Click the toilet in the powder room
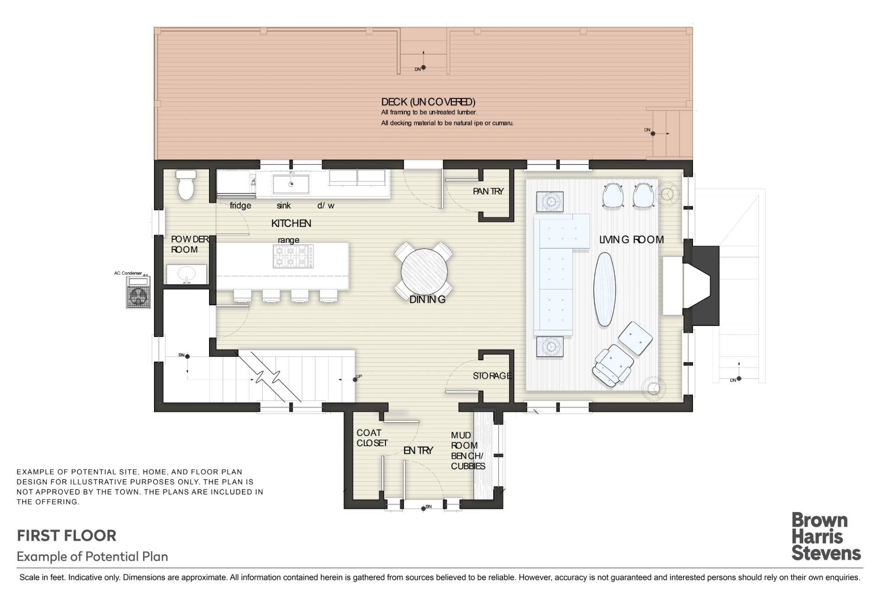coord(186,186)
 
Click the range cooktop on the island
coord(293,257)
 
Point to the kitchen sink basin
coord(291,184)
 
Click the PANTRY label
coord(488,192)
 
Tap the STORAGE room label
coord(492,376)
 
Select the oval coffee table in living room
coord(605,289)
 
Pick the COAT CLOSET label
coord(372,438)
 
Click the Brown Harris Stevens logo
coord(825,537)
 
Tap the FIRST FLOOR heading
coord(67,535)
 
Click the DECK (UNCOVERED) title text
coord(428,102)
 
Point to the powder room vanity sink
coord(187,275)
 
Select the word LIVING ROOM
coord(632,239)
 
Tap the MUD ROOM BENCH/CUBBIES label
coord(467,451)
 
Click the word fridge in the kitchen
coord(240,205)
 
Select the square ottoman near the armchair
coord(635,338)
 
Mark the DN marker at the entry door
coord(426,507)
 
